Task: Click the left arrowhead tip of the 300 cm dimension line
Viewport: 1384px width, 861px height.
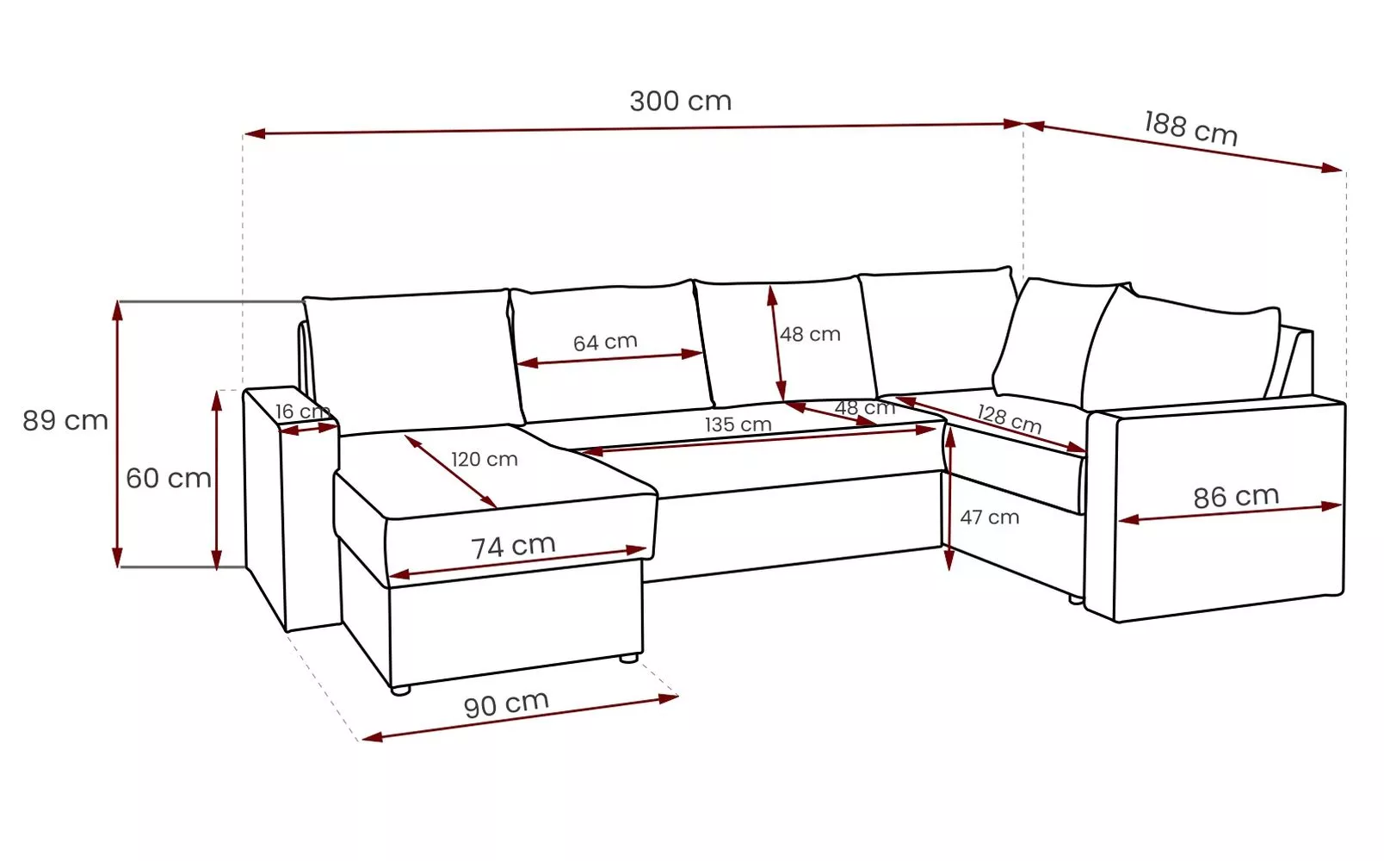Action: pos(244,133)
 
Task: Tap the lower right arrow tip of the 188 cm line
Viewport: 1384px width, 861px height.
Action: pos(1343,170)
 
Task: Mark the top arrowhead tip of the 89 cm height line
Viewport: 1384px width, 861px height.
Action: pos(117,300)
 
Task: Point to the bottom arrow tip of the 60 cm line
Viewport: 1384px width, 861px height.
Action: pos(216,570)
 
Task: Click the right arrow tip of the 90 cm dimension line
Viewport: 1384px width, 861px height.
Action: pos(678,697)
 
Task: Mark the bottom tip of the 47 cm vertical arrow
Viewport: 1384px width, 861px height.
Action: pos(950,571)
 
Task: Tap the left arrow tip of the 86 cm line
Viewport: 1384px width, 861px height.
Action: pos(1118,521)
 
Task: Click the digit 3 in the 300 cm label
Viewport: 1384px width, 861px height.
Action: pos(639,102)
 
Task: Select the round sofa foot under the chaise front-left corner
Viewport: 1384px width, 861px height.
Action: pos(401,691)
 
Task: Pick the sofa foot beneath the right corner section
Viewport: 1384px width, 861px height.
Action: pos(1076,599)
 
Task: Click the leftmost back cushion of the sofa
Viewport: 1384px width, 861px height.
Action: pos(413,360)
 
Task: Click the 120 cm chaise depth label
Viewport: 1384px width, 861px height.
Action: pos(485,459)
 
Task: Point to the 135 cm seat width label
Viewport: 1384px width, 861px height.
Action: pos(738,424)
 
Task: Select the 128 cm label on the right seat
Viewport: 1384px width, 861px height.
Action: pos(1010,419)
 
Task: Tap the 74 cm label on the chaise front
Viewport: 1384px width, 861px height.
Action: pos(514,546)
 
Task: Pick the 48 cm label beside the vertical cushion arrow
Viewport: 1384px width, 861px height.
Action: pos(810,334)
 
